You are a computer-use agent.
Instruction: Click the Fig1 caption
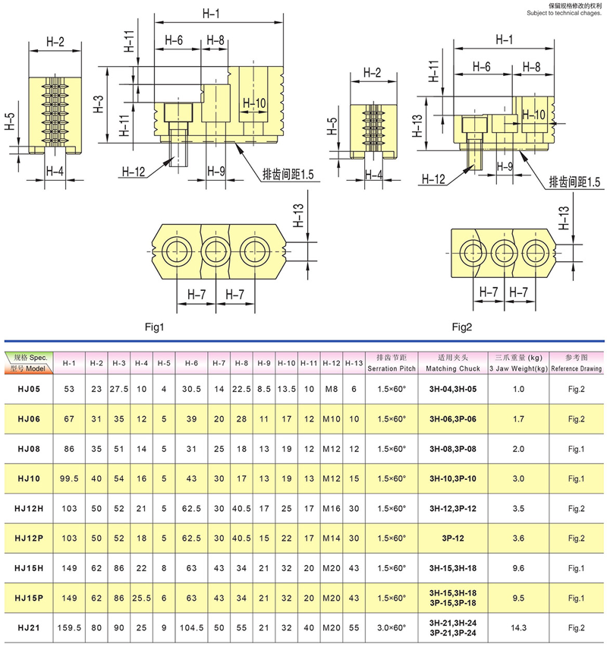click(155, 327)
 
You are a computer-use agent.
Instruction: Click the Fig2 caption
click(462, 327)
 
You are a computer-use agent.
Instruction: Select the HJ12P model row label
click(30, 538)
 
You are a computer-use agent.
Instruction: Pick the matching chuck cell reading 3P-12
click(453, 538)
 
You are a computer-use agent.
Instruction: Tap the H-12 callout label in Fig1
click(133, 172)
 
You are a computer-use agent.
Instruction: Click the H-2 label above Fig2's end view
click(372, 73)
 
